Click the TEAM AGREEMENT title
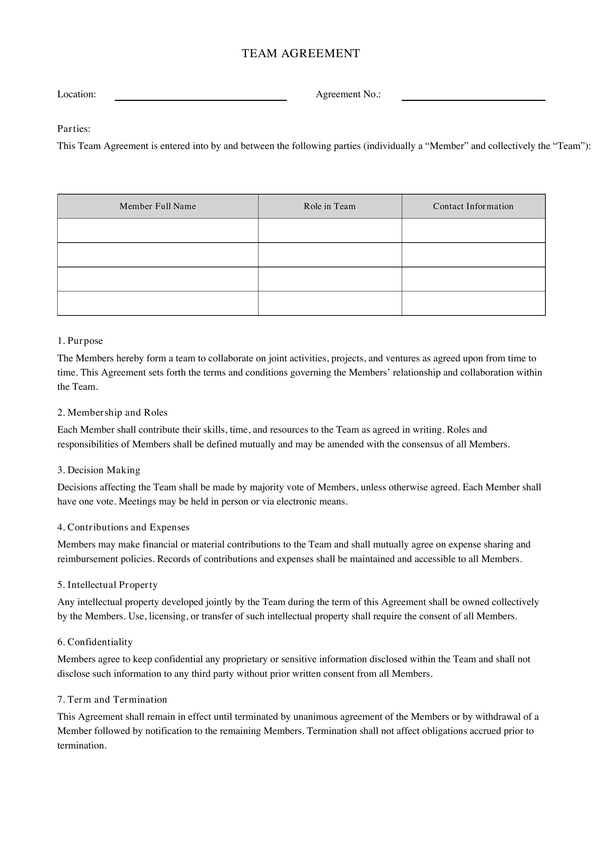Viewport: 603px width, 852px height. [x=301, y=54]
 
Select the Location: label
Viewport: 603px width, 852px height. [x=77, y=94]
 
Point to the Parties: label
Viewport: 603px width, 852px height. [x=74, y=129]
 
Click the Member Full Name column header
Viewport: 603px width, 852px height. [x=157, y=206]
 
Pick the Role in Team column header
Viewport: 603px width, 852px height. [x=329, y=206]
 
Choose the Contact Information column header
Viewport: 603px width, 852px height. [x=473, y=206]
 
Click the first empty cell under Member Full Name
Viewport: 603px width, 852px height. [x=157, y=231]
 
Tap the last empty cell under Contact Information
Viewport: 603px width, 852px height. [x=473, y=303]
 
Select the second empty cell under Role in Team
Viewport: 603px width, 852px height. [x=329, y=255]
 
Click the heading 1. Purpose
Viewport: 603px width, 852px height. [x=80, y=341]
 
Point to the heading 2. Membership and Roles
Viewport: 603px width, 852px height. [x=112, y=412]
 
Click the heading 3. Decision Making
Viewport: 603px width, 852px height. [x=99, y=470]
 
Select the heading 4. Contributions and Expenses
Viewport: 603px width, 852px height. [x=123, y=527]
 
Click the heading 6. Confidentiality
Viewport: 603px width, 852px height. [x=95, y=641]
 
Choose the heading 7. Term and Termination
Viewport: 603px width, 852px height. [x=112, y=699]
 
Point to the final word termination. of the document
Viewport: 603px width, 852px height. [x=82, y=746]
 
